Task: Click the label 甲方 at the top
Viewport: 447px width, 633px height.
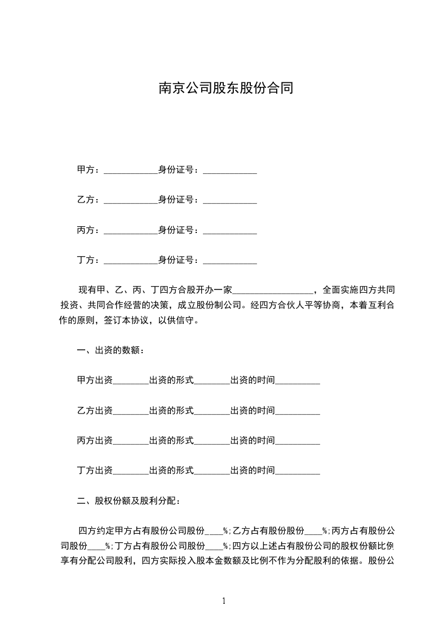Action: tap(85, 170)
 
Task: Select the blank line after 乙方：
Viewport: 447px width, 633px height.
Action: tap(131, 200)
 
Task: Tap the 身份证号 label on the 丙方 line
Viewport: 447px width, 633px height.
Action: tap(176, 230)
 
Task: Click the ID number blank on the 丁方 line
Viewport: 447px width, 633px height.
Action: tap(229, 260)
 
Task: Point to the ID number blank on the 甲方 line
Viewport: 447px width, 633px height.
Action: tap(229, 170)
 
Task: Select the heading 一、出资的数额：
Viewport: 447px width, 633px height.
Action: tap(110, 351)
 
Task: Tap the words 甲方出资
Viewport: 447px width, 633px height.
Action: tap(95, 381)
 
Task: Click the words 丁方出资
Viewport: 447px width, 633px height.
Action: tap(95, 471)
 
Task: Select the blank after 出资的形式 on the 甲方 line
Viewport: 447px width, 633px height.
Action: tap(212, 381)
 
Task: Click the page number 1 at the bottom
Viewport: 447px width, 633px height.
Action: tap(224, 601)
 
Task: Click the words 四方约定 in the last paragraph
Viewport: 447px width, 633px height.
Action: tap(96, 531)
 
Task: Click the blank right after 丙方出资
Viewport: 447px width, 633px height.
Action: tap(131, 441)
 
